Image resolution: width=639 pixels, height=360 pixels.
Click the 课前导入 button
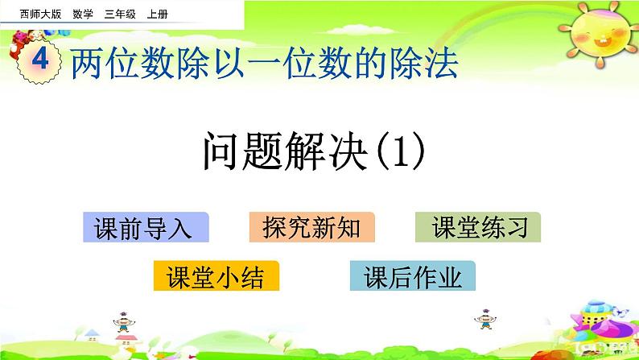point(145,229)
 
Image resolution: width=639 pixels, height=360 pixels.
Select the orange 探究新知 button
point(311,229)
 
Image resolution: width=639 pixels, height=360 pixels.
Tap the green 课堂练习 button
point(478,229)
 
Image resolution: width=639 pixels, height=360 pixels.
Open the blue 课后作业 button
point(413,277)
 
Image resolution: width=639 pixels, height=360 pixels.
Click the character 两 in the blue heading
point(87,64)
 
